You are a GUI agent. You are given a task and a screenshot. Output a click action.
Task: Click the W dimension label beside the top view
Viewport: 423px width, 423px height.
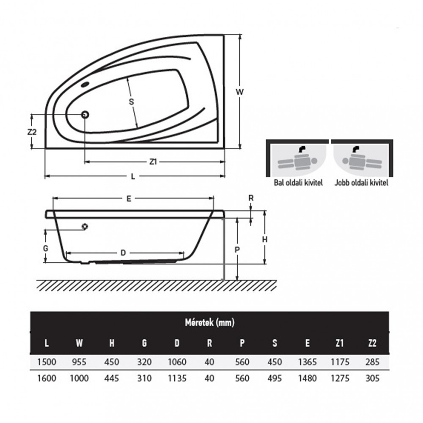(x=240, y=91)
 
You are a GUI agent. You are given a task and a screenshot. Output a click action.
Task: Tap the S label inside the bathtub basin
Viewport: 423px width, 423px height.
(x=131, y=102)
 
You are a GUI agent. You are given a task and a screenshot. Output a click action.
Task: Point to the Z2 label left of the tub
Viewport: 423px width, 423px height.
(x=32, y=132)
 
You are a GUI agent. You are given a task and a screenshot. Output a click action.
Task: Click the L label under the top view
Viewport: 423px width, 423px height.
(x=133, y=177)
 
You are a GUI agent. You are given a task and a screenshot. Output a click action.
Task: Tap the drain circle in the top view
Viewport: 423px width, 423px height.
(x=85, y=115)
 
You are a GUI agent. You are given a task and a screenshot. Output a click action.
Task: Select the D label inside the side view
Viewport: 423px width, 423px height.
(x=123, y=253)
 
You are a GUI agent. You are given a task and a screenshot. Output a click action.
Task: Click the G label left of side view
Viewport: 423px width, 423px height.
(x=46, y=247)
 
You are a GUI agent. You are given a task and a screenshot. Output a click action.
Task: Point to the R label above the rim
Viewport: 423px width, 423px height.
(x=251, y=198)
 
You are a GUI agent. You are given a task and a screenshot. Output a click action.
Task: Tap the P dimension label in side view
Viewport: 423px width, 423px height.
(x=237, y=249)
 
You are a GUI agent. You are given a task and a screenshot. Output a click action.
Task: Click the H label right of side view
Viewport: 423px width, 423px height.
(x=264, y=239)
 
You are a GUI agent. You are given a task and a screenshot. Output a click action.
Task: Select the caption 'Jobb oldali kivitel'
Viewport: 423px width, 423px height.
(x=361, y=183)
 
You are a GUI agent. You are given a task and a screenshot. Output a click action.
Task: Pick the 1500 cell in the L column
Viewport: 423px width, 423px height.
(x=47, y=362)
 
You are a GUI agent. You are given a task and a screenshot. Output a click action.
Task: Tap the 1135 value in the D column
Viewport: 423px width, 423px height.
(x=177, y=378)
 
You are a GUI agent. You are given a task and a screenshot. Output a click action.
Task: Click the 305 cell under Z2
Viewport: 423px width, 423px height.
(x=372, y=378)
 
